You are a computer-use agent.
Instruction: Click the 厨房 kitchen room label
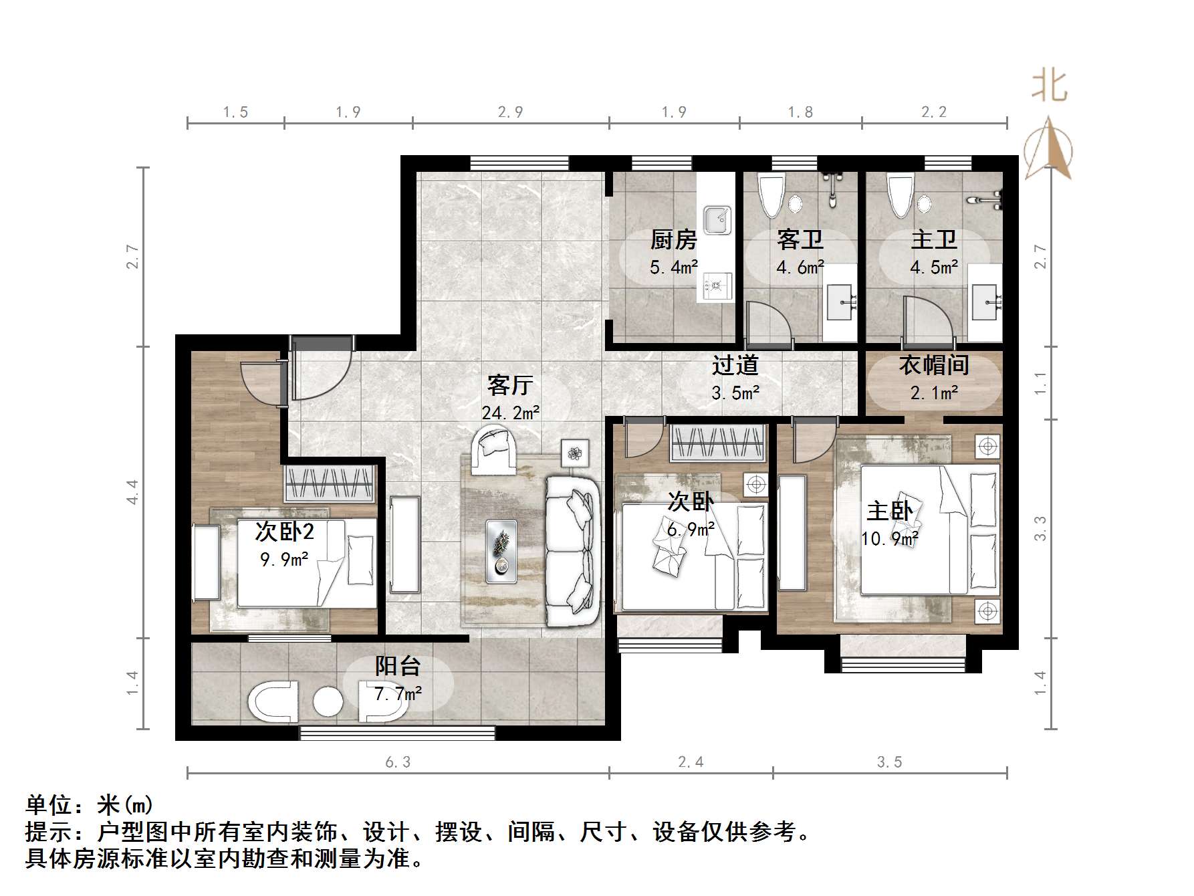[673, 239]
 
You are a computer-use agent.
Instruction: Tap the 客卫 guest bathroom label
[800, 239]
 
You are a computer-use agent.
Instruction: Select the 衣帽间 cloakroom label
[933, 365]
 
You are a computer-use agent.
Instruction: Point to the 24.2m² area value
[511, 413]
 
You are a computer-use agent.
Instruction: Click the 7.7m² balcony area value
[398, 694]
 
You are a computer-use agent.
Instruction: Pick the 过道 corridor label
[735, 365]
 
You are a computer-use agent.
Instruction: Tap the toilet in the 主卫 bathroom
[900, 195]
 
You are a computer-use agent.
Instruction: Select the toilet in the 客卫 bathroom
[771, 195]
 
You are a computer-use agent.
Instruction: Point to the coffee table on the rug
[501, 551]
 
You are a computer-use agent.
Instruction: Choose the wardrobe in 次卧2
[329, 483]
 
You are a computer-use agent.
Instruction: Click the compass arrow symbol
[1048, 150]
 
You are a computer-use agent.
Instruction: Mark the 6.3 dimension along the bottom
[398, 762]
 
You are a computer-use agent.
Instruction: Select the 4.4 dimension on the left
[132, 491]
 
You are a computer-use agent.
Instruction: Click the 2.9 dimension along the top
[510, 112]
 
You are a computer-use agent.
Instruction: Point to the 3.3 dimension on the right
[1040, 528]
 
